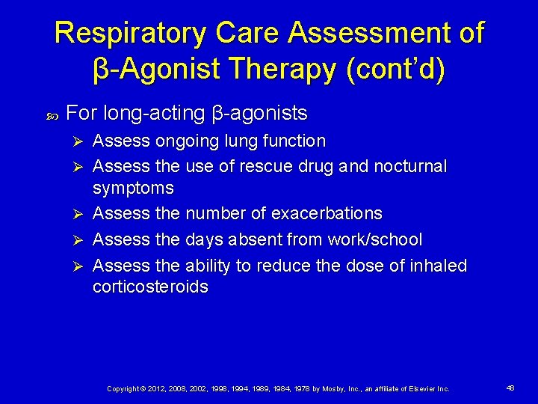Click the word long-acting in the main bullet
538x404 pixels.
pos(152,113)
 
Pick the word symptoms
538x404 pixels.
pos(133,189)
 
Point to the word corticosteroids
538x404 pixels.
pos(150,287)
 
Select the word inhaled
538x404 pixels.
pos(438,266)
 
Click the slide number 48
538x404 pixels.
pos(510,388)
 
